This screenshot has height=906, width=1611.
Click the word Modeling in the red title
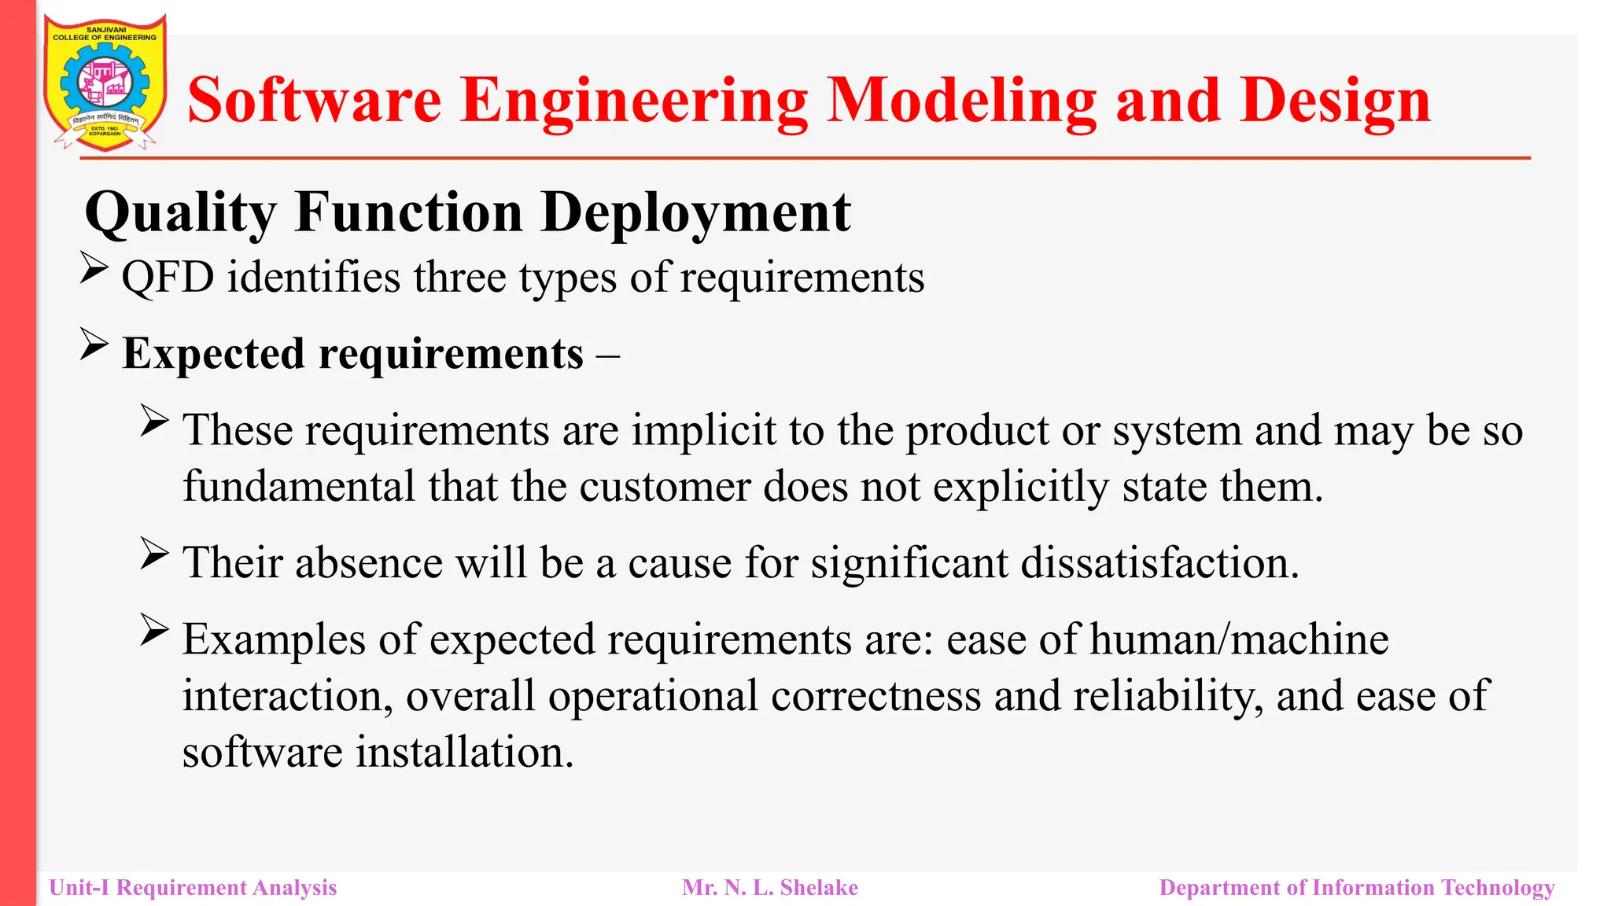(x=961, y=101)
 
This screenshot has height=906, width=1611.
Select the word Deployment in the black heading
(x=696, y=212)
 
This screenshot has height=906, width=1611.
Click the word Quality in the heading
(x=181, y=212)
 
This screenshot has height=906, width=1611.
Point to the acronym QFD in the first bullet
(x=168, y=278)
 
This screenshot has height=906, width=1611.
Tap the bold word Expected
(x=213, y=353)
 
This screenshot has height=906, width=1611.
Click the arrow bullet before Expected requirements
(x=94, y=346)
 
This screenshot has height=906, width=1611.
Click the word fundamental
(x=299, y=487)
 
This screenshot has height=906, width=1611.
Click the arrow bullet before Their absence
(x=155, y=554)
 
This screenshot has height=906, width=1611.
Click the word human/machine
(x=1239, y=639)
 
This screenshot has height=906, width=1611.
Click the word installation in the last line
(x=464, y=753)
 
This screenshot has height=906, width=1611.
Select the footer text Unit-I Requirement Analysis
(x=193, y=888)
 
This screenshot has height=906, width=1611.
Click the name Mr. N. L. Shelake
(x=770, y=888)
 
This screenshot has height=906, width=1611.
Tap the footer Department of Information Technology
(x=1357, y=888)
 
